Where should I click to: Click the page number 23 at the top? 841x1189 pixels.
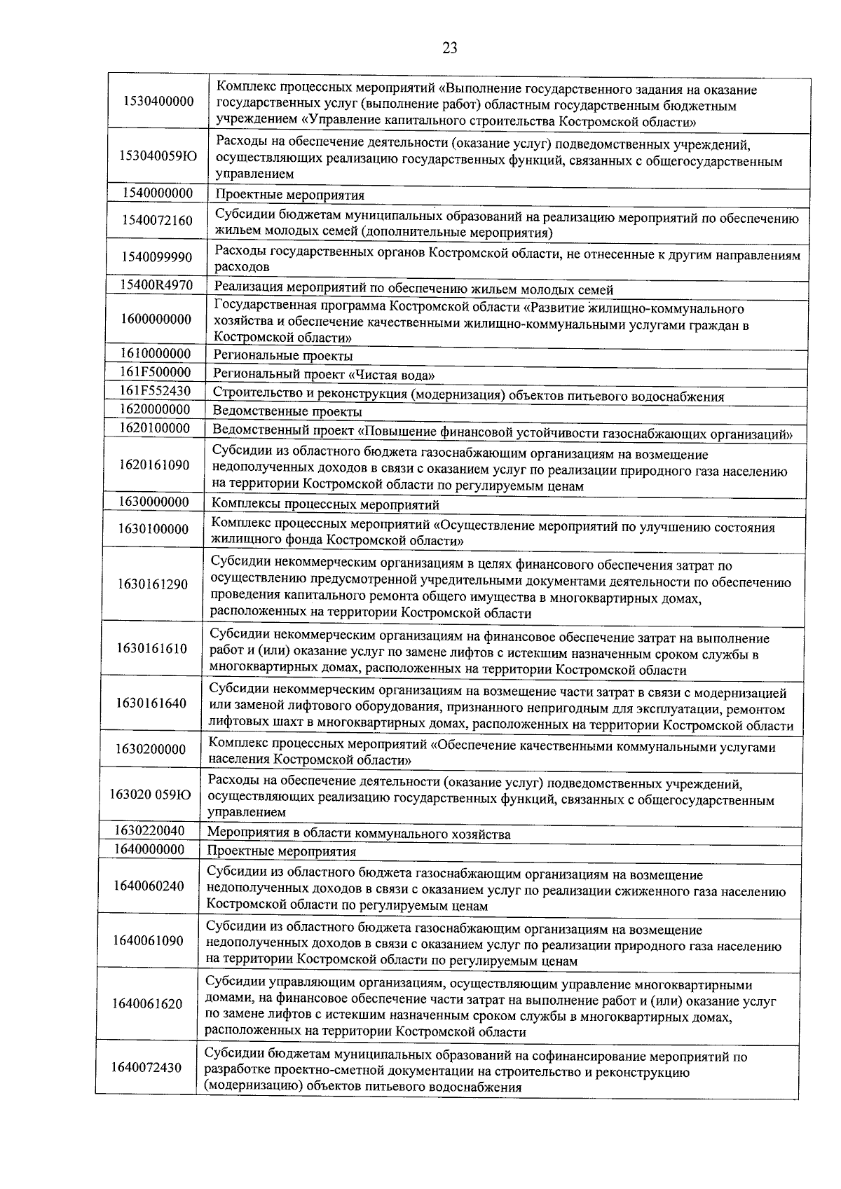(x=450, y=48)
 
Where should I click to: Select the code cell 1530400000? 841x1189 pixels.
(x=158, y=102)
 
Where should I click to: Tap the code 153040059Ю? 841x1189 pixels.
(x=158, y=156)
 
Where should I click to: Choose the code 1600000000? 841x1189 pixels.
(x=155, y=319)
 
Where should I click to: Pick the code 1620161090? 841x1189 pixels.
(x=153, y=465)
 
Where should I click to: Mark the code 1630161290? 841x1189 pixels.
(x=153, y=584)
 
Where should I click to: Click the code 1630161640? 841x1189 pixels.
(x=152, y=703)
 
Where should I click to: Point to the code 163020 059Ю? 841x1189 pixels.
(x=151, y=795)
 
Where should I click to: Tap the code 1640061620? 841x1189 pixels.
(x=147, y=1004)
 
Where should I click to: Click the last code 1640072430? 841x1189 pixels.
(x=146, y=1068)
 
